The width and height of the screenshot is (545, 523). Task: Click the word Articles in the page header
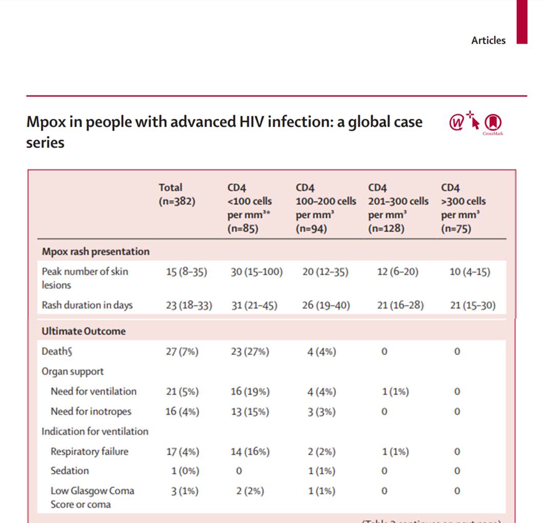(488, 40)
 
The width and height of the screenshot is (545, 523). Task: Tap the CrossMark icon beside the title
(493, 123)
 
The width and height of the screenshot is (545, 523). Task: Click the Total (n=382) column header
(177, 195)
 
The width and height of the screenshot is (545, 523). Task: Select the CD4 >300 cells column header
(463, 208)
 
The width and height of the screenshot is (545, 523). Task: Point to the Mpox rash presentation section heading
(96, 252)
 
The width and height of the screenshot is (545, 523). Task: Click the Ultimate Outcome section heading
(83, 331)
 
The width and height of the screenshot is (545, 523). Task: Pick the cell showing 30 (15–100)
(256, 272)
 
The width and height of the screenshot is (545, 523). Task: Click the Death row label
(55, 351)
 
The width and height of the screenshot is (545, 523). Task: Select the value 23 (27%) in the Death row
(249, 351)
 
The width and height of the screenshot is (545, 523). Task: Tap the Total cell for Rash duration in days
(188, 305)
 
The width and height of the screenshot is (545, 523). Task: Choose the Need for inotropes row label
(91, 411)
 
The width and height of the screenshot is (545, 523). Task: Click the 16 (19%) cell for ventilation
(249, 391)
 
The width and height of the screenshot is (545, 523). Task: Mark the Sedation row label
(70, 471)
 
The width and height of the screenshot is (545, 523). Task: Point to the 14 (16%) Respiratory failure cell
(249, 452)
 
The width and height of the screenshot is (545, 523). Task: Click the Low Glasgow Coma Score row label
(92, 497)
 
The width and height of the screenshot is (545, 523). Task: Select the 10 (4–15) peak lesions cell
(469, 272)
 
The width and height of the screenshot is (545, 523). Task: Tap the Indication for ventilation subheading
(95, 431)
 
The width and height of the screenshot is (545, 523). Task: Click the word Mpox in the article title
(45, 122)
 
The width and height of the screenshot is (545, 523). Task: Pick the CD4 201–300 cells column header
(398, 208)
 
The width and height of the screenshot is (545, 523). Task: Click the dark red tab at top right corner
(521, 22)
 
